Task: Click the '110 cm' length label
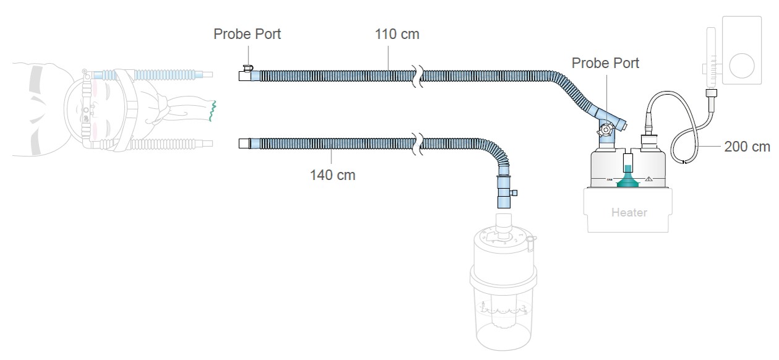[397, 35]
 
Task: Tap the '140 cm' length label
[333, 175]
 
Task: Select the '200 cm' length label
[747, 147]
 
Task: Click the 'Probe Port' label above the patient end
[247, 34]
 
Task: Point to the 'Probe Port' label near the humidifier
[605, 63]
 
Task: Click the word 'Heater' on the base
[629, 213]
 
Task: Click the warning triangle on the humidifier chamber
[649, 179]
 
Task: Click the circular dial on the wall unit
[742, 66]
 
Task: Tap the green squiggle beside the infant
[212, 111]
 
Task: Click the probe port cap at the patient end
[248, 68]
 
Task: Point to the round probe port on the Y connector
[605, 130]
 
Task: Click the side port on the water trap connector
[513, 193]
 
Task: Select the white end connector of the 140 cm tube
[244, 144]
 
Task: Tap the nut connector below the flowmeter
[711, 93]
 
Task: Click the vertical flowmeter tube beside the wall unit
[711, 59]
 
